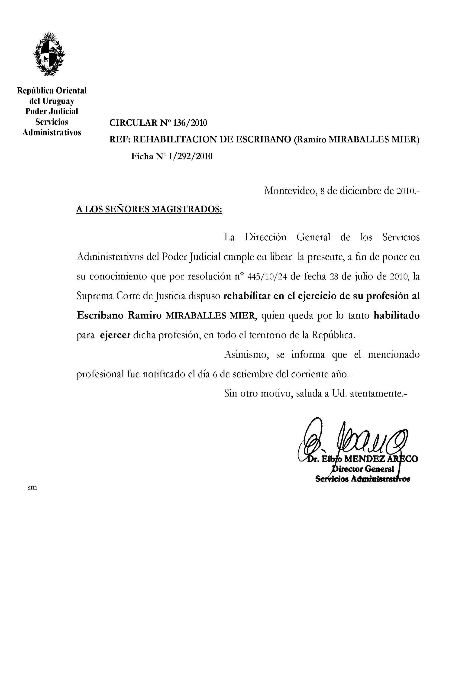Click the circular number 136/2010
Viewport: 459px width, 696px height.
[x=190, y=123]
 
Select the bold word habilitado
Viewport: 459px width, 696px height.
[x=397, y=316]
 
